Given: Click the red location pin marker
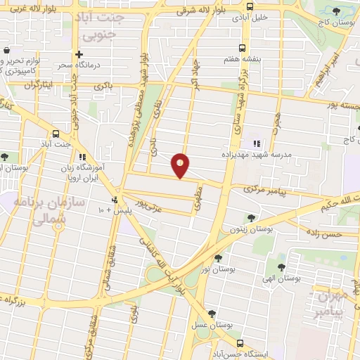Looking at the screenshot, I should pyautogui.click(x=181, y=165).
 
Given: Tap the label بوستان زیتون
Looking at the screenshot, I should pyautogui.click(x=250, y=229).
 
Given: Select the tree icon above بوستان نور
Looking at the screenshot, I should pyautogui.click(x=218, y=258).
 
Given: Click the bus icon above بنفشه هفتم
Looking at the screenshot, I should pyautogui.click(x=242, y=48).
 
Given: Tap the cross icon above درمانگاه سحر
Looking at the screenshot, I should pyautogui.click(x=79, y=54).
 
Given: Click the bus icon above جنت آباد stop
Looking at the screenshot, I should pyautogui.click(x=56, y=134).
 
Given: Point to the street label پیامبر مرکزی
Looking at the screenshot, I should pyautogui.click(x=262, y=190).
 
